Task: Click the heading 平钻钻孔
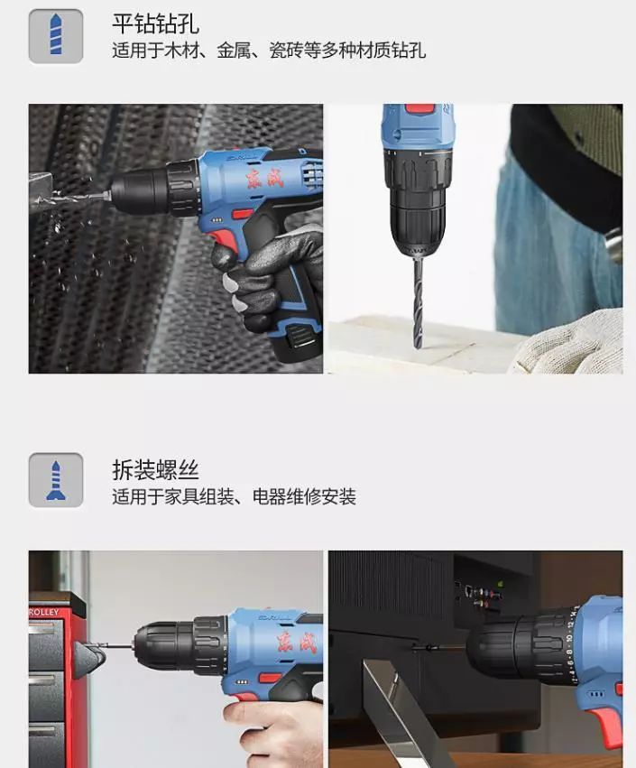coord(156,23)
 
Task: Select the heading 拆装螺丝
coord(156,470)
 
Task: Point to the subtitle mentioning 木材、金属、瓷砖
coord(269,51)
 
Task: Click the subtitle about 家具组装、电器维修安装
coord(234,497)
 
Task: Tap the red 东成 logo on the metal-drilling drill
coord(265,179)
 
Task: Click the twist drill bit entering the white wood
coord(418,302)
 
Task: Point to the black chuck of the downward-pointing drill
coord(418,206)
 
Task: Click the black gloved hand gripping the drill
coord(272,274)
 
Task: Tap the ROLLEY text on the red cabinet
coord(44,612)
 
